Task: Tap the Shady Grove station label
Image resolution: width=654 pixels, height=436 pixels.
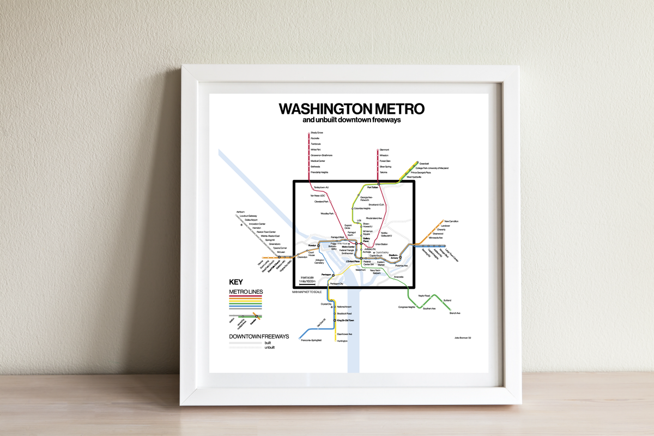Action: point(317,133)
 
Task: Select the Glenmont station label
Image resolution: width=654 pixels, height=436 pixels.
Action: point(384,150)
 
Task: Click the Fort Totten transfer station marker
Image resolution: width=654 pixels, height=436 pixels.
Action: point(378,187)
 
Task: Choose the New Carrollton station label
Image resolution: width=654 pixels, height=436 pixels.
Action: point(451,221)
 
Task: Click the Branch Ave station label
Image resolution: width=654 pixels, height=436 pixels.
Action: point(455,313)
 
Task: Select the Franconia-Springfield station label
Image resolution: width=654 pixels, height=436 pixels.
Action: point(311,340)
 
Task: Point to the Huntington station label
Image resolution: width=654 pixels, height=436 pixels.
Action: point(342,341)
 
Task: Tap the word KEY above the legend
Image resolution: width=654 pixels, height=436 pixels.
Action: point(235,282)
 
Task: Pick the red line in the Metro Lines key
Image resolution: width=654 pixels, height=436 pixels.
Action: point(246,296)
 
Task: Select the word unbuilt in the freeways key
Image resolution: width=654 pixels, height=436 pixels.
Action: point(269,347)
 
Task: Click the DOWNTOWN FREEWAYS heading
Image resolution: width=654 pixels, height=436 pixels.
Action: point(259,336)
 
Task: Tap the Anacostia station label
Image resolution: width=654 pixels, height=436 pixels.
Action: point(398,277)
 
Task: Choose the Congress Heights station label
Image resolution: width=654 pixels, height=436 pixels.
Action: point(407,307)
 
